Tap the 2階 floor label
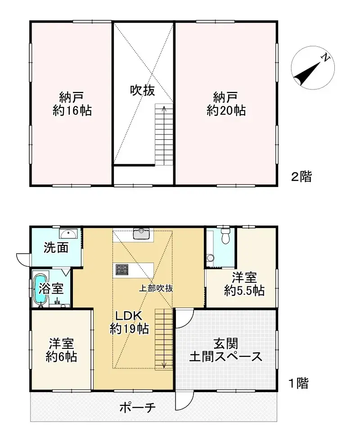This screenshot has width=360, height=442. pos(301,177)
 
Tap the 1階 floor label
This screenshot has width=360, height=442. pos(298,383)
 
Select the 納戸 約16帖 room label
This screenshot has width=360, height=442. pos(72,104)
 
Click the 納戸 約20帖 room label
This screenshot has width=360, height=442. pos(226,104)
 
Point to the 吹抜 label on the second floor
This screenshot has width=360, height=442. pos(143,90)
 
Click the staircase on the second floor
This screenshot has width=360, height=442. pos(164,134)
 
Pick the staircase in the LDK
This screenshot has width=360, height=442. pos(164,339)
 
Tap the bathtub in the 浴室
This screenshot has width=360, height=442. pos(40,289)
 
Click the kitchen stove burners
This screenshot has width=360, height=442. pos(122,269)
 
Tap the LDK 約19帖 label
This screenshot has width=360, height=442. pos(130,322)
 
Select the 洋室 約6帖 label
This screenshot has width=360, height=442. pos(61,351)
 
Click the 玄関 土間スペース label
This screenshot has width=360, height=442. pos(225,350)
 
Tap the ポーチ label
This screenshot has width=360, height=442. pos(138,408)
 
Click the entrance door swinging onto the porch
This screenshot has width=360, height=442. pos(184,400)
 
